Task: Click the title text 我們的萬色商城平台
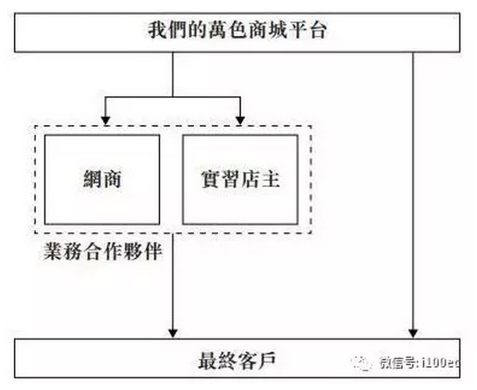coord(238,31)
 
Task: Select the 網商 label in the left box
coord(102,179)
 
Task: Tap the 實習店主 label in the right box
coord(240,179)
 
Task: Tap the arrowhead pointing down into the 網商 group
coord(104,120)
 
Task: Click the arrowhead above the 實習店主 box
coord(241,120)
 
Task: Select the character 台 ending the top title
coord(318,31)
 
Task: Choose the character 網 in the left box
coord(92,179)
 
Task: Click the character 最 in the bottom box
coord(207,362)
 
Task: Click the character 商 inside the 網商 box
coord(113,179)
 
